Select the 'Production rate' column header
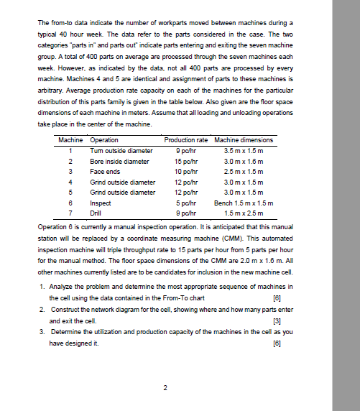(x=186, y=139)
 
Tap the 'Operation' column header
(x=104, y=139)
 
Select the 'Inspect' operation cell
(x=100, y=204)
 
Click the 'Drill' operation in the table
(x=96, y=214)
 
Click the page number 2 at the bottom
(x=165, y=389)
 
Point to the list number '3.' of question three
(x=44, y=333)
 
